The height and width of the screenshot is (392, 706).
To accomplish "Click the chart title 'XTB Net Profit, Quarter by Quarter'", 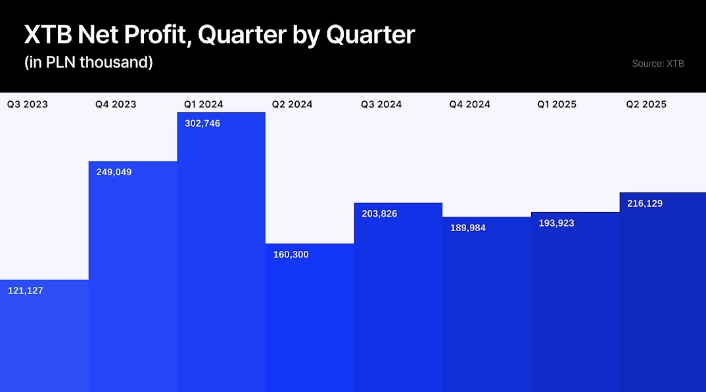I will coord(219,35).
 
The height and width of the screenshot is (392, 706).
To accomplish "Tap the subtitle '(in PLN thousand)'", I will coord(88,63).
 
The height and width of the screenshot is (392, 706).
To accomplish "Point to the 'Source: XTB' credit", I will coord(657,64).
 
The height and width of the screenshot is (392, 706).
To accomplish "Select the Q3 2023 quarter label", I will coord(28,104).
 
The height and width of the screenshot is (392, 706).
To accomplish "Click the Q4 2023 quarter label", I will coord(116,104).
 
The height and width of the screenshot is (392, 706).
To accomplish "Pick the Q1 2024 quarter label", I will coord(204,104).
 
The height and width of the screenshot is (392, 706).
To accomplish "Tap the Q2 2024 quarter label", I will coord(293,104).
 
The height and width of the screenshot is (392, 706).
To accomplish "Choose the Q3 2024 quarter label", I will coord(381,104).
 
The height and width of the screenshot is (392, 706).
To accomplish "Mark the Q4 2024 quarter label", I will coord(469,104).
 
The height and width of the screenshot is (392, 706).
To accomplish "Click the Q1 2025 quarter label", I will coord(557,104).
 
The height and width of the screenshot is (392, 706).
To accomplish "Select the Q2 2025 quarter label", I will coord(646,104).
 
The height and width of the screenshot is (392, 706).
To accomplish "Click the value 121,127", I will coord(26,290).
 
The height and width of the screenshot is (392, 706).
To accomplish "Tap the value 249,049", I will coord(114,172).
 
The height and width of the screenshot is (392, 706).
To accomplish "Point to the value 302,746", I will coord(202,123).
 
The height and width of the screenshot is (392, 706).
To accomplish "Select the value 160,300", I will coord(291,255).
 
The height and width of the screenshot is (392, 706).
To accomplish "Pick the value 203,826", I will coord(379,213).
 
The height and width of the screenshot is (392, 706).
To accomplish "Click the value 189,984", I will coord(468,228).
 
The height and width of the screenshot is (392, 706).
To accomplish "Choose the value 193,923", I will coord(556,223).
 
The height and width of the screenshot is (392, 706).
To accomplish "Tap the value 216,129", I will coord(645,204).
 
